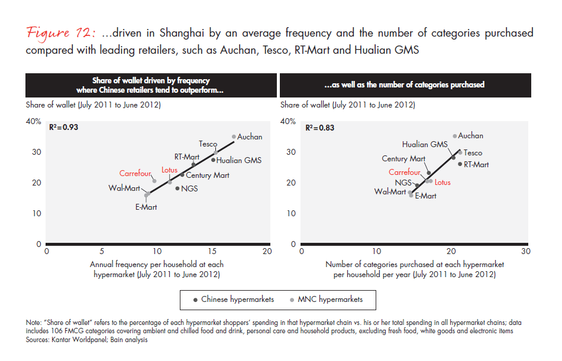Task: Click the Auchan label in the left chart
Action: pyautogui.click(x=250, y=137)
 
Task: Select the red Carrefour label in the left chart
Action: pyautogui.click(x=136, y=174)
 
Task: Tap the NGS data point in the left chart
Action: pyautogui.click(x=177, y=188)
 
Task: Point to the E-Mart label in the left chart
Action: pyautogui.click(x=146, y=207)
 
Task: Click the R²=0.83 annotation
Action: pyautogui.click(x=319, y=128)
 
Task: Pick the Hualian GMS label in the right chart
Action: pyautogui.click(x=425, y=144)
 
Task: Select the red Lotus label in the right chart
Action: pyautogui.click(x=443, y=183)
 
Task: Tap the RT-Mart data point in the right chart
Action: pyautogui.click(x=460, y=164)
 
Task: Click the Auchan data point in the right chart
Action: pyautogui.click(x=455, y=136)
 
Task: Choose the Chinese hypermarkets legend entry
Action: pyautogui.click(x=234, y=300)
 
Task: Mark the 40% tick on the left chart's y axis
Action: pyautogui.click(x=34, y=121)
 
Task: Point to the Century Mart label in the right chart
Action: pyautogui.click(x=403, y=159)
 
